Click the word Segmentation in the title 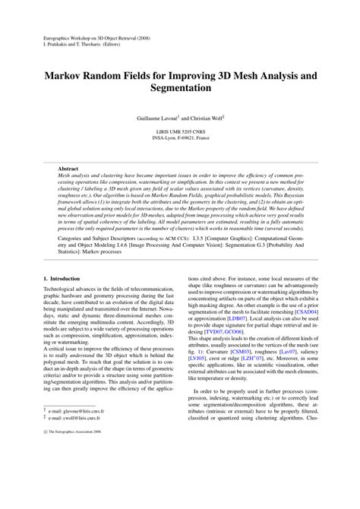coord(180,90)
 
